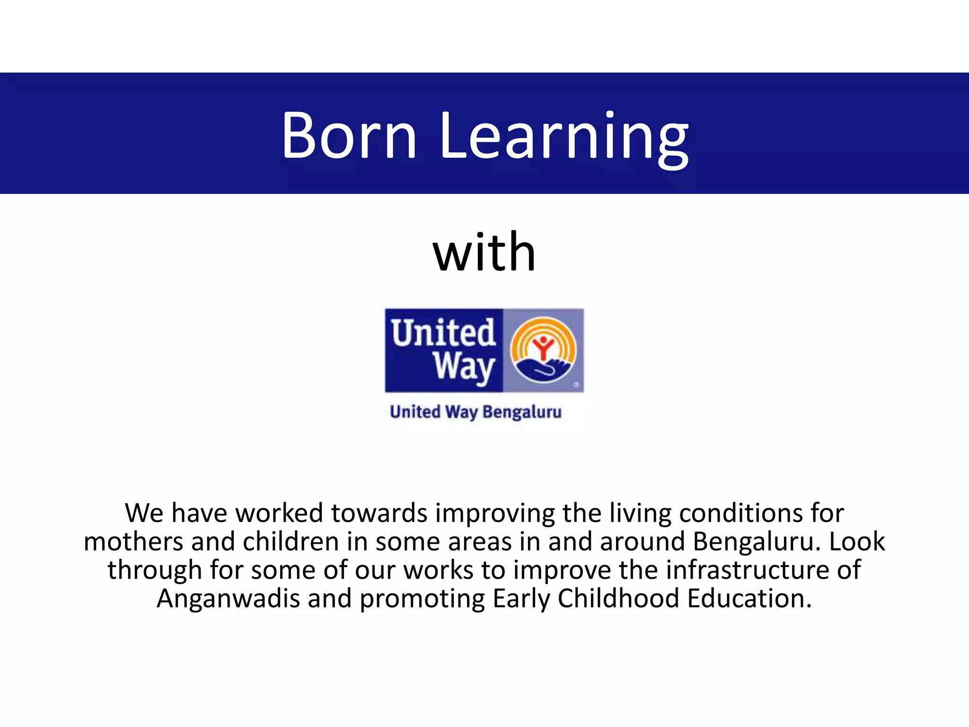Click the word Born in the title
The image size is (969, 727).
[x=349, y=135]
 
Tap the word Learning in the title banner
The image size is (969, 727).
[x=564, y=137]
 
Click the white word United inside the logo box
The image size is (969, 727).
[x=443, y=332]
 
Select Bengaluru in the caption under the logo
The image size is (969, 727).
[x=522, y=412]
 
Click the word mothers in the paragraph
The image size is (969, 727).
[x=133, y=541]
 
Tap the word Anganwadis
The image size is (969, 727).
[x=228, y=599]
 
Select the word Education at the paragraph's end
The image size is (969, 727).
[x=749, y=599]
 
